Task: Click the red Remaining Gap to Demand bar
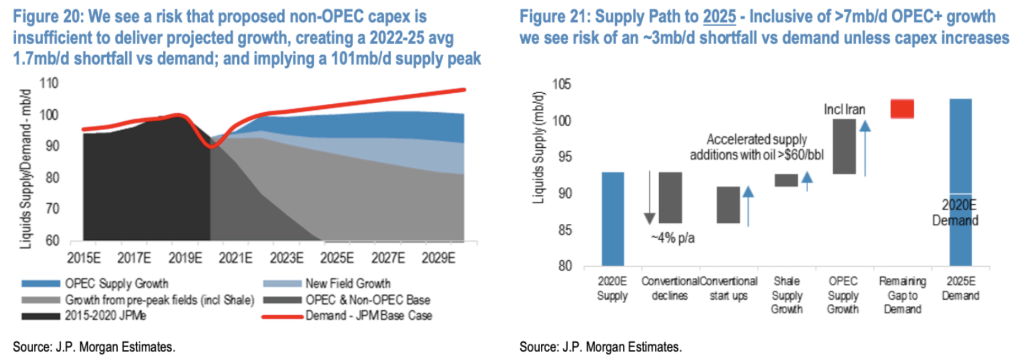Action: [901, 108]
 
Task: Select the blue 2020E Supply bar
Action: [612, 219]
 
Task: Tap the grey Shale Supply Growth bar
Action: [786, 180]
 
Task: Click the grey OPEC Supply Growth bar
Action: [843, 146]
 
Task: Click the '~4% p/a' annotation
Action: [673, 238]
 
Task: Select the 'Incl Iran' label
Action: [844, 109]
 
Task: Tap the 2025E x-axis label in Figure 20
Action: [337, 258]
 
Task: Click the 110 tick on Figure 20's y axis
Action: [49, 83]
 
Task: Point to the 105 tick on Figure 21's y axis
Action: [561, 84]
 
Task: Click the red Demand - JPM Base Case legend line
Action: [282, 316]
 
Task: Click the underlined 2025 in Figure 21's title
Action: [719, 17]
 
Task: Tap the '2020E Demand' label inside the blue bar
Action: [956, 213]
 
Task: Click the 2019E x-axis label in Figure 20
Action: [185, 258]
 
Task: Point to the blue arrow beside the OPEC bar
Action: [865, 148]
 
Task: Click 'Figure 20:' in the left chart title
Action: [48, 17]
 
